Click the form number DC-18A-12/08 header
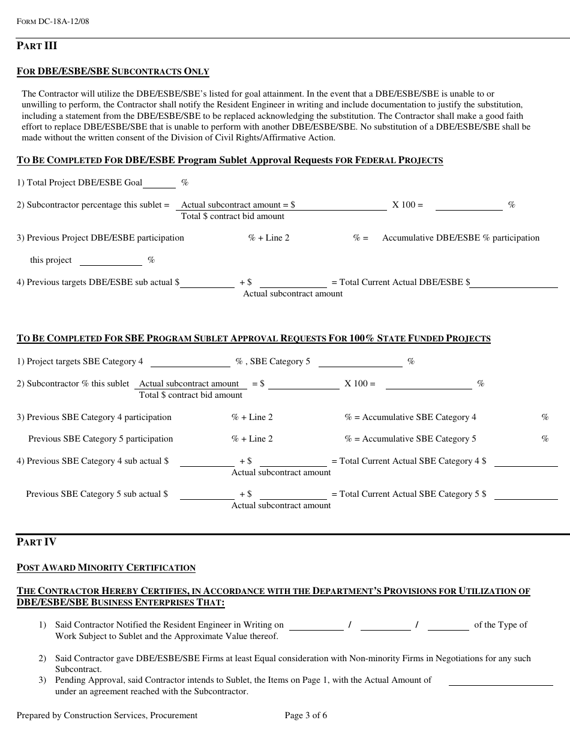point(53,21)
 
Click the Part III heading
point(37,46)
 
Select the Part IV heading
point(37,542)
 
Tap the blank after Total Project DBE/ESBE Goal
point(159,183)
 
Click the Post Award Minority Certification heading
point(106,567)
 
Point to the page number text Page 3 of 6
point(306,715)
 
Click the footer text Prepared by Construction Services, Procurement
point(107,715)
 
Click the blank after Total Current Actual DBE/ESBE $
point(514,283)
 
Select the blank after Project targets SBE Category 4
point(190,362)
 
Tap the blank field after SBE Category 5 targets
point(360,362)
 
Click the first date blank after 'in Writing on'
point(316,625)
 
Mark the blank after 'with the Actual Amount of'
point(500,681)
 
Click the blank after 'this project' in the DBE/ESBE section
point(110,261)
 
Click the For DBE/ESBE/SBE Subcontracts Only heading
point(113,71)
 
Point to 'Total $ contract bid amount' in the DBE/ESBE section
point(233,216)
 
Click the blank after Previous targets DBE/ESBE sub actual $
point(207,283)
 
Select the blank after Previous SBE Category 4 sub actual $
point(207,462)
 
